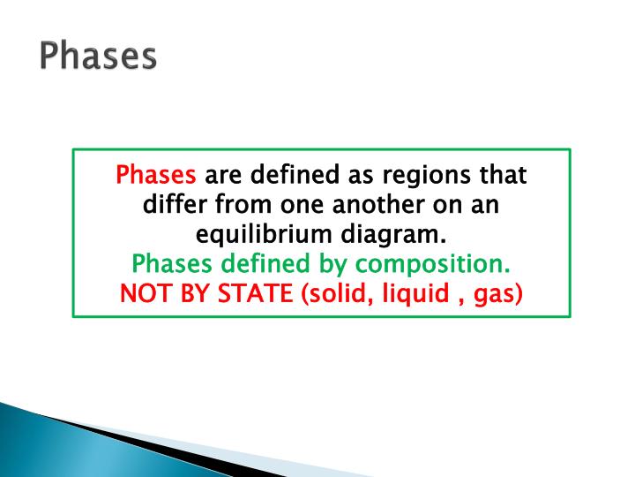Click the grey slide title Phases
point(98,56)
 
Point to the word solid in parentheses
point(334,293)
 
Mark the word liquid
point(409,293)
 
